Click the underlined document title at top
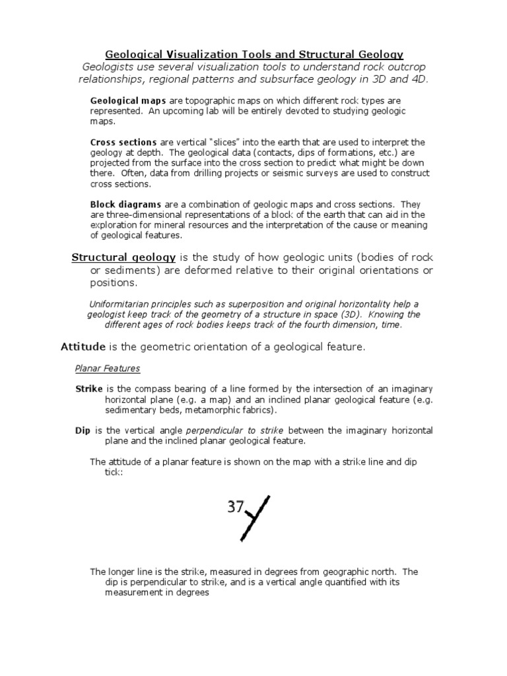(255, 53)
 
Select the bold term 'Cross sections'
(123, 143)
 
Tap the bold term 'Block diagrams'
(125, 205)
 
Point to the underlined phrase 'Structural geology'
(123, 257)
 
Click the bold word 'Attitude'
(83, 347)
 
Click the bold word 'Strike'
(89, 389)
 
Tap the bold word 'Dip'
(83, 430)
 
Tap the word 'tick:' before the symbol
(115, 473)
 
